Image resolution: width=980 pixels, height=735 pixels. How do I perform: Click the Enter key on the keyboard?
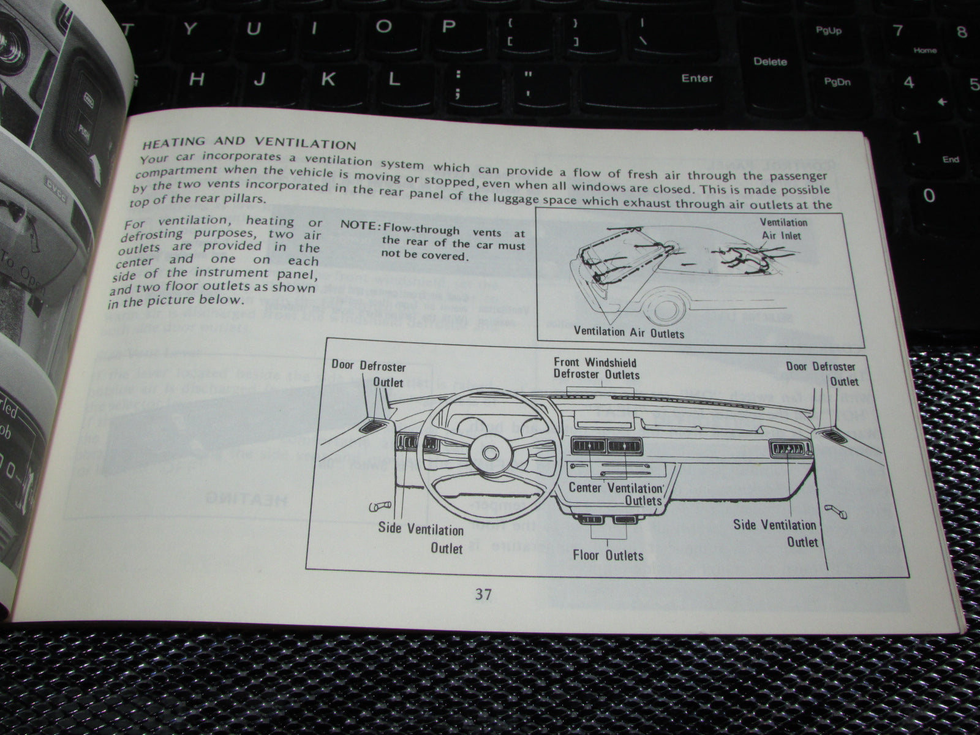tap(697, 78)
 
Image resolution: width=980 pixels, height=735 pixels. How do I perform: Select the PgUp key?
tap(828, 31)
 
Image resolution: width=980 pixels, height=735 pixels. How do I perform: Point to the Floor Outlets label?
tap(608, 555)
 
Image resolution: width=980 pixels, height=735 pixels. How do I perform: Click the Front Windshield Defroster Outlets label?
tap(596, 368)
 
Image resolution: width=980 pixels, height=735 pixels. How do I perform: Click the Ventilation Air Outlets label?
tap(628, 333)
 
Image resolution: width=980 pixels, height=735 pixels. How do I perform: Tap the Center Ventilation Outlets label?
tap(617, 494)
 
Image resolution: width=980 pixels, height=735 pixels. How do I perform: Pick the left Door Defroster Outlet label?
tap(369, 374)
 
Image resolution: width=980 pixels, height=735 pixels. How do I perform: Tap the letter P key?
tap(449, 26)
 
